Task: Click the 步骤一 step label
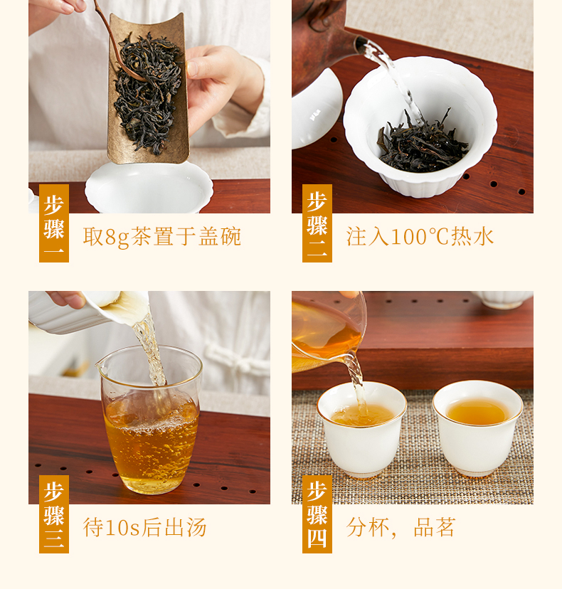tap(54, 223)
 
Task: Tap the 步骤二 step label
tap(317, 223)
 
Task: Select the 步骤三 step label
tap(54, 514)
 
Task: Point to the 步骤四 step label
tap(317, 514)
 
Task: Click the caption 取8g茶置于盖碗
tap(162, 237)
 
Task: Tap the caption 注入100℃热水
tap(420, 237)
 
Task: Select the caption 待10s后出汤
tap(144, 527)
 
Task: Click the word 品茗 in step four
tap(435, 527)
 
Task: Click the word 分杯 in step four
tap(368, 527)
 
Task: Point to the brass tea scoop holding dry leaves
tap(149, 88)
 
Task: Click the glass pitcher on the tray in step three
tap(150, 419)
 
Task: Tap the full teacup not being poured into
tap(477, 428)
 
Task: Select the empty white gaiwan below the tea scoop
tap(149, 188)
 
